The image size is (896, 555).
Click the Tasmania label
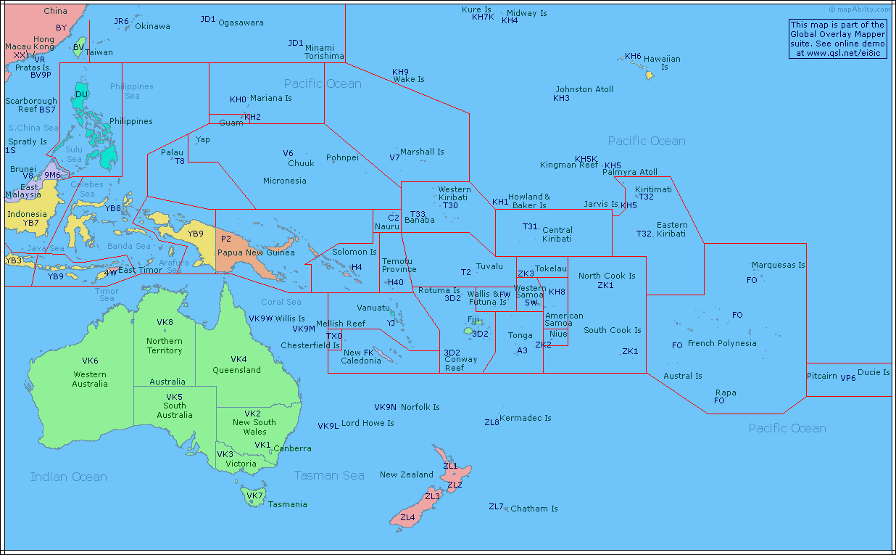288,504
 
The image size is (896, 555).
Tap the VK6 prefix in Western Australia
91,361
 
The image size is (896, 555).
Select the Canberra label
293,448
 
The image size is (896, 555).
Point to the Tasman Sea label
329,475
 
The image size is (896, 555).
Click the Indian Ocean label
69,477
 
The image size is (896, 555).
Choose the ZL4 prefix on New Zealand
407,517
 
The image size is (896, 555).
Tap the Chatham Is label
534,509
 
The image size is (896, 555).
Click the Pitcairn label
822,376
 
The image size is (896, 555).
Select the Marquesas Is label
778,265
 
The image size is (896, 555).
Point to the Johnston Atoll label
584,89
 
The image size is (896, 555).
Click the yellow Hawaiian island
650,75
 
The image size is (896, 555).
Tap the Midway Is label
527,13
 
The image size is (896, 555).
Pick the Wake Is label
409,79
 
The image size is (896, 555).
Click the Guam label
231,123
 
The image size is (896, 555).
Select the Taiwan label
99,52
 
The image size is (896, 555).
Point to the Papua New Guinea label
256,252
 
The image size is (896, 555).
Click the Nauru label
387,226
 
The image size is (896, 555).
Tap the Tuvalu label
489,266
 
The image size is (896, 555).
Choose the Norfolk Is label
420,407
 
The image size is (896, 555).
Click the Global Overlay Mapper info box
838,38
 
